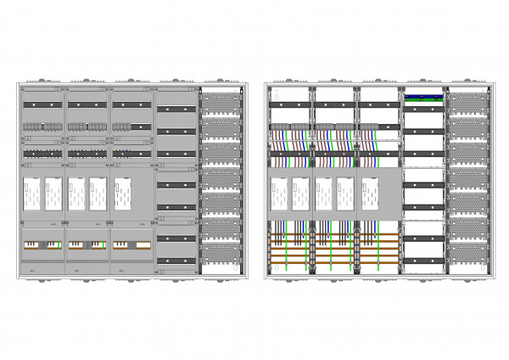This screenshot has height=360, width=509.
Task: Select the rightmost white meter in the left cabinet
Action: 122,192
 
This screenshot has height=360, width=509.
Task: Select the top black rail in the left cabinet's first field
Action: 42,104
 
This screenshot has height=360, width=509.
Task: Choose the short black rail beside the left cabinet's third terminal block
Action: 139,127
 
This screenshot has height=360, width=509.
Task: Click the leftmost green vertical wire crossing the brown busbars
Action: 282,246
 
